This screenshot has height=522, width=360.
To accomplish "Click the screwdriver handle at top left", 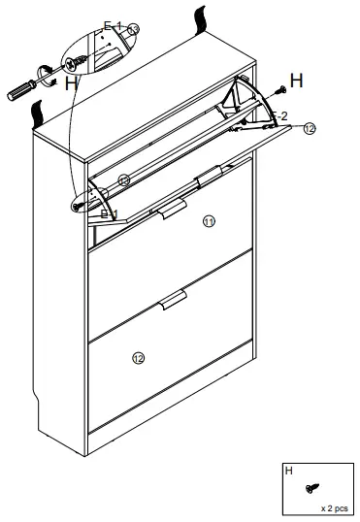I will point(20,91).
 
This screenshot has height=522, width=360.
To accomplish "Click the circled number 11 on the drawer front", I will point(209,221).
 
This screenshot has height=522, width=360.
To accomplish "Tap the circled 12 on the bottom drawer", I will point(138,358).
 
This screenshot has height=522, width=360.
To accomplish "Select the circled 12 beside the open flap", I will point(309,128).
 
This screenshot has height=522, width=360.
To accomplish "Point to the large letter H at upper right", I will point(296,81).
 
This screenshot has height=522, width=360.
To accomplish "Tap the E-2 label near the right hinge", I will point(278,115).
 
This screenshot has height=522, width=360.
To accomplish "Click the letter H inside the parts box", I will point(288,471).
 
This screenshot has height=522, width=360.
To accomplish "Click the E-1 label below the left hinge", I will point(110,212).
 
